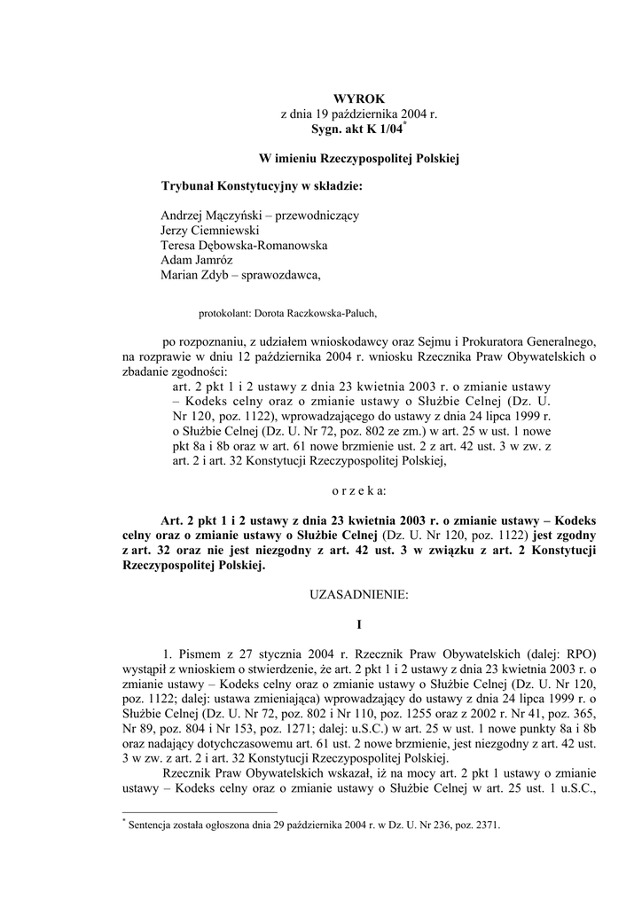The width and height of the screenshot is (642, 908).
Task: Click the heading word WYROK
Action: [x=359, y=99]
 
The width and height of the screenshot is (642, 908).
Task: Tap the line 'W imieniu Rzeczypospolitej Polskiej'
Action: [x=358, y=159]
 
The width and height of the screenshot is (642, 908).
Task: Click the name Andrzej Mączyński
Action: [x=203, y=215]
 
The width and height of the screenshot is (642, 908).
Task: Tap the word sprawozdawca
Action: [x=279, y=276]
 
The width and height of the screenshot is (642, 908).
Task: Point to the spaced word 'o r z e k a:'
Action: [x=358, y=489]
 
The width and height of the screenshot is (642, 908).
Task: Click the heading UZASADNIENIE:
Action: [x=359, y=597]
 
